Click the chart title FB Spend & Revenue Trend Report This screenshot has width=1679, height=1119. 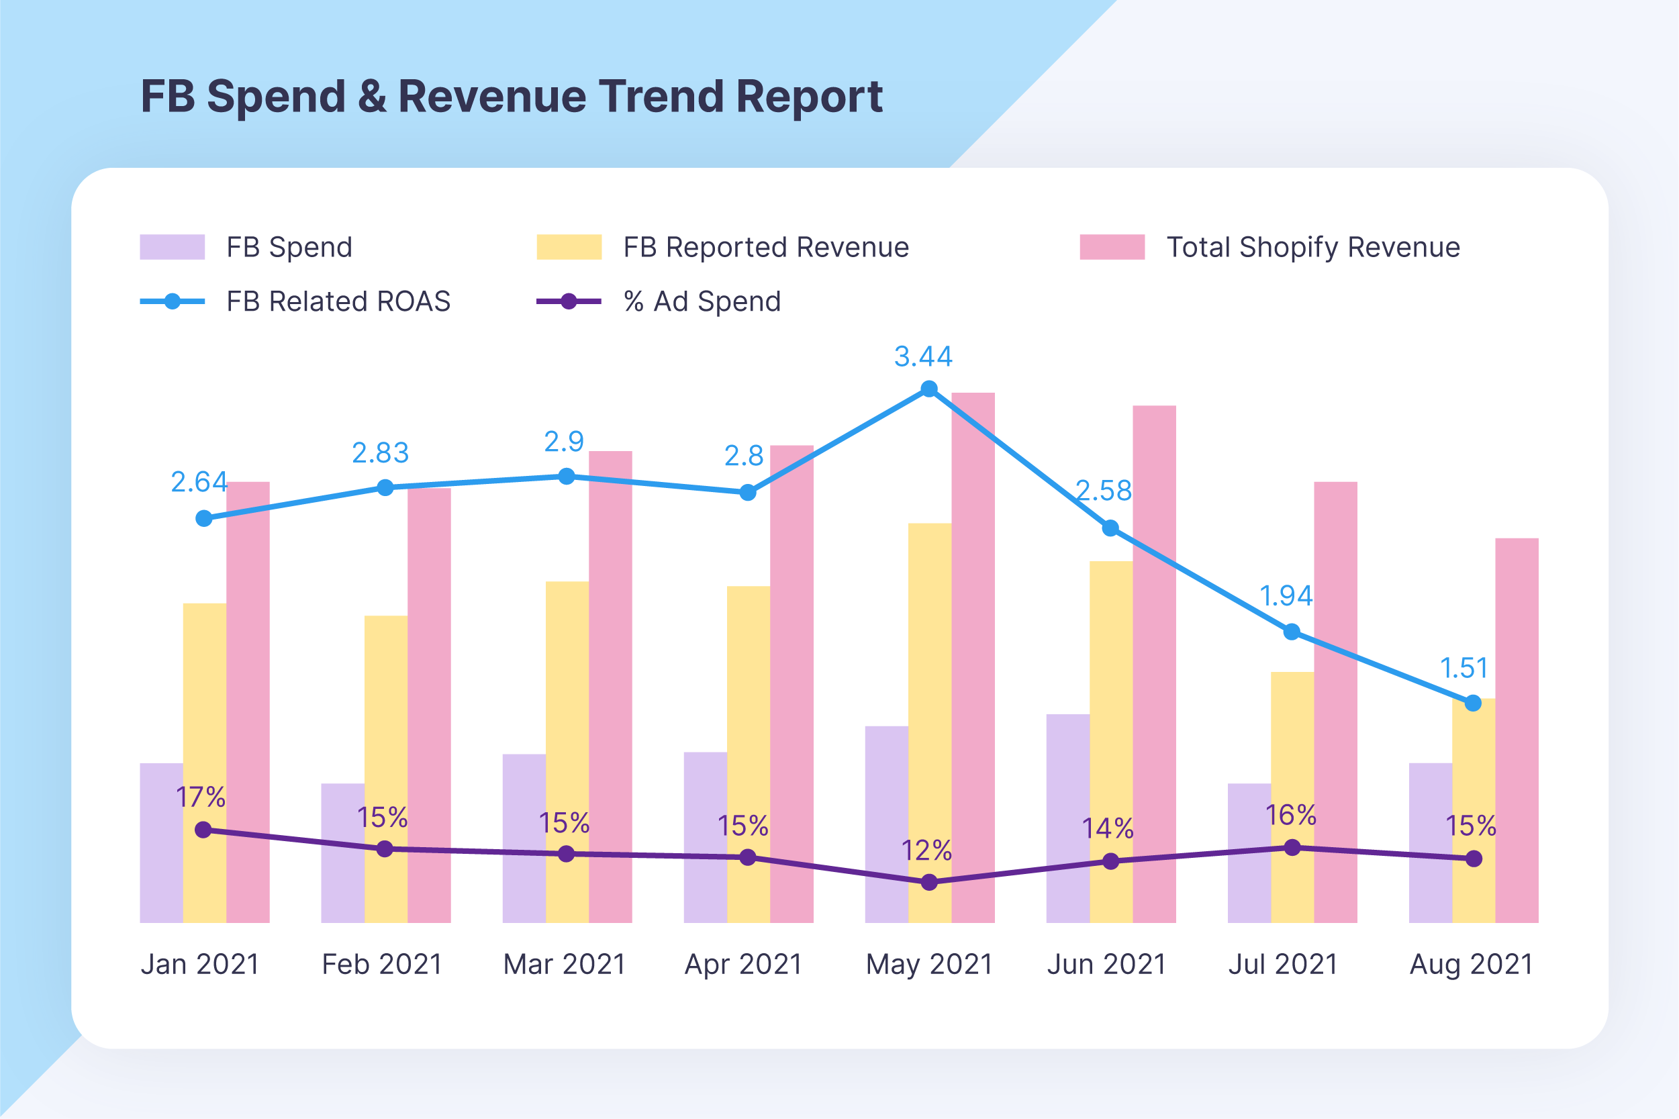512,97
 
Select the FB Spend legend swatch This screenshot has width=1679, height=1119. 172,247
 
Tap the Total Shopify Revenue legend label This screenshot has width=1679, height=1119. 1313,247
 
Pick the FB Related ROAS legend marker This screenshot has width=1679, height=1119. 172,301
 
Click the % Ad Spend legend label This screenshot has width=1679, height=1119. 702,301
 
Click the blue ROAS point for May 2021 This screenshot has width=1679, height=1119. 928,389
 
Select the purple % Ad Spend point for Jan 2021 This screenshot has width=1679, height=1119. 203,830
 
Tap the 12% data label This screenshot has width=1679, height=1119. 926,850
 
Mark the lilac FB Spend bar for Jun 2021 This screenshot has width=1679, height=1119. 1067,818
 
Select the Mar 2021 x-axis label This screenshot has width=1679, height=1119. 564,964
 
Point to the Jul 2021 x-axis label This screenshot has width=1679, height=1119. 1282,964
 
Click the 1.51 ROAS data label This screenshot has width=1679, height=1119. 1464,668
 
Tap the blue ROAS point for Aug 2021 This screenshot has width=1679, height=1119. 1473,703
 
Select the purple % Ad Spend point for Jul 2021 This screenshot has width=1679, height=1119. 1292,848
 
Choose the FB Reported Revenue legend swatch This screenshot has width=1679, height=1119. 569,247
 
